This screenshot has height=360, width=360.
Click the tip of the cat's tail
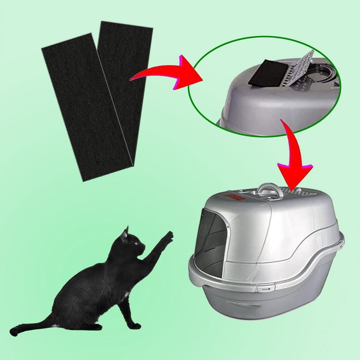14,331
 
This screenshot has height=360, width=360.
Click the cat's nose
143,247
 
